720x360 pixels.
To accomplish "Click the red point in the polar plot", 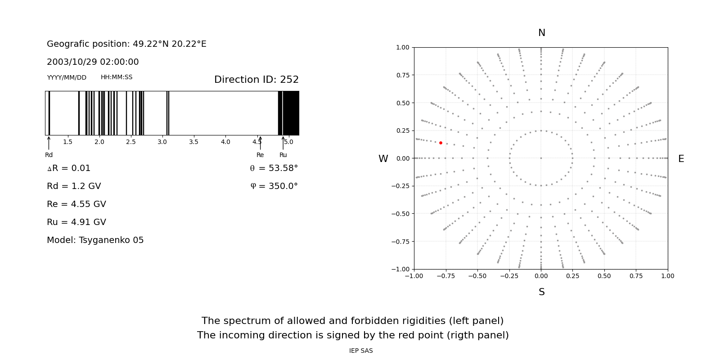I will [441, 143].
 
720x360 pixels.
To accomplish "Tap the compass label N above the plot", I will [541, 33].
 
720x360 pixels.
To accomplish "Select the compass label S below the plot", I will [541, 292].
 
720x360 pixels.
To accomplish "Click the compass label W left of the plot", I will [383, 159].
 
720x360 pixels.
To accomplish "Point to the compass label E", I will [681, 159].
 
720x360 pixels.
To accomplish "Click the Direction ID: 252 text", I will [256, 80].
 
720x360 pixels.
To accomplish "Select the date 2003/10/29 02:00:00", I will [93, 62].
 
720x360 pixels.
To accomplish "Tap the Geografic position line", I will [126, 44].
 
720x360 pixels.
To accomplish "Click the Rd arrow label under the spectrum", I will [49, 155].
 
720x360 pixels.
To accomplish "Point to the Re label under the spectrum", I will [260, 155].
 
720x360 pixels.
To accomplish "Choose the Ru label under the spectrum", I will [283, 155].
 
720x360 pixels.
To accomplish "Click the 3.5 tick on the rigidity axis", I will [193, 142].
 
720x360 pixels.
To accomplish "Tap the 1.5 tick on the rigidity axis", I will [67, 142].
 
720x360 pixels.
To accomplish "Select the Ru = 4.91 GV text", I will [76, 222].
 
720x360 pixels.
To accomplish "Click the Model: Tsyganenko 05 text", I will [95, 240].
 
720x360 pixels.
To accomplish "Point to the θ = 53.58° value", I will [274, 168].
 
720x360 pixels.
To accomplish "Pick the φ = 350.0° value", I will [274, 186].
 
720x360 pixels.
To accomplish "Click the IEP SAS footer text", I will [360, 351].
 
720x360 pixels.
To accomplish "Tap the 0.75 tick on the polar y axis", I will [402, 75].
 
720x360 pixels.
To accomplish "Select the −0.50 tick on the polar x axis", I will [477, 276].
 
